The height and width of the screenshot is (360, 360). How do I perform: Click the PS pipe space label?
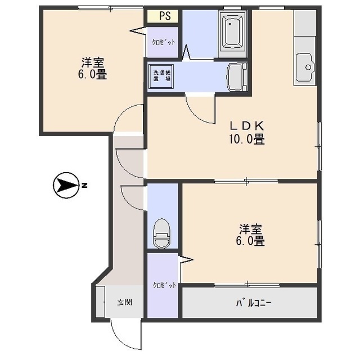(x=165, y=16)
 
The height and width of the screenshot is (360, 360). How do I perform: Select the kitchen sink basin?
(x=304, y=67)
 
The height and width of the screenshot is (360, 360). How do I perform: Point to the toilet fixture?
(x=162, y=233)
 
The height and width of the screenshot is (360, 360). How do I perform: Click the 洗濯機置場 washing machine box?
(x=161, y=76)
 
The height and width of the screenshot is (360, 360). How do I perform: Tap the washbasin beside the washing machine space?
(x=237, y=78)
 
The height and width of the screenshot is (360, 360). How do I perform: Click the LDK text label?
(x=247, y=125)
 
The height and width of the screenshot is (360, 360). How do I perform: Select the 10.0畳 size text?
(x=246, y=139)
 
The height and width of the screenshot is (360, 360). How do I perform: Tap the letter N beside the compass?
(x=85, y=185)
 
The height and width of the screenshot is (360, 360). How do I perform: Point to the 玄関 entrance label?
(x=125, y=302)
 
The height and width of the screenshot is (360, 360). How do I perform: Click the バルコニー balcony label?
(x=254, y=303)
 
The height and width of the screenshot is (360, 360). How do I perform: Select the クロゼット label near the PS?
(x=164, y=42)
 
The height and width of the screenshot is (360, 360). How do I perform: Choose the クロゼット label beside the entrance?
(x=164, y=285)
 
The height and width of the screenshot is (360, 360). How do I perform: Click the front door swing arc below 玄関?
(x=123, y=339)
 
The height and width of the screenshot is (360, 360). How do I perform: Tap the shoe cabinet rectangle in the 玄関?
(x=100, y=301)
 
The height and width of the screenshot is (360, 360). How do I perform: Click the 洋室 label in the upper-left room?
(x=92, y=62)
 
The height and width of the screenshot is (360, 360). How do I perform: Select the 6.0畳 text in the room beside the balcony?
(x=250, y=241)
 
